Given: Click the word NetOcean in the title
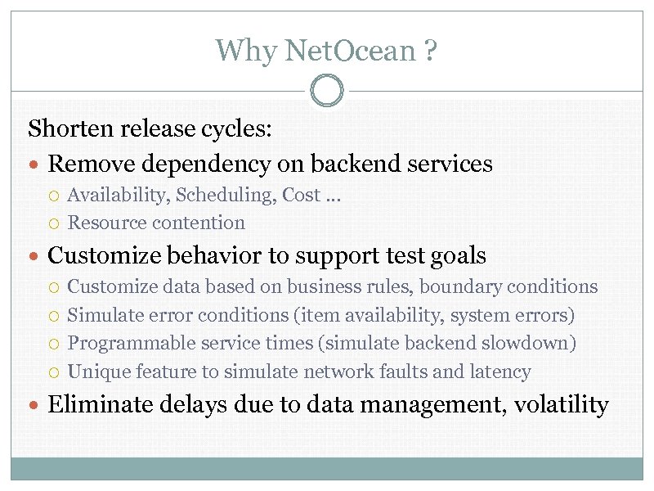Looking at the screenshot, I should click(x=351, y=51).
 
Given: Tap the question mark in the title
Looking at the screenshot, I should click(x=430, y=51).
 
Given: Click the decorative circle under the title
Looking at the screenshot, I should click(x=327, y=90).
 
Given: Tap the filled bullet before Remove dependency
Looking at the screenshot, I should click(x=37, y=164).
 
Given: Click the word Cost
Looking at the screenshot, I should click(x=301, y=195).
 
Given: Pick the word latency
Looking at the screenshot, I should click(x=499, y=372).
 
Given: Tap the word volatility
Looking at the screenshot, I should click(x=561, y=404).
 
